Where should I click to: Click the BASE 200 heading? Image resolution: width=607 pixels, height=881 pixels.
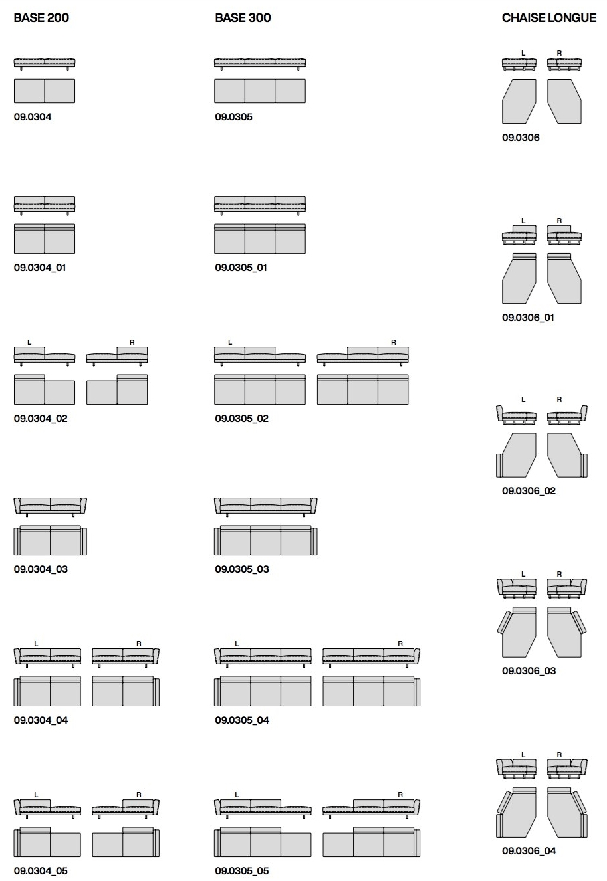click(x=41, y=18)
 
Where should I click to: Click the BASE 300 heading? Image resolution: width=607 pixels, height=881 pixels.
click(x=243, y=18)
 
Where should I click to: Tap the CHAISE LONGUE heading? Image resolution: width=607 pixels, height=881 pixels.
click(x=549, y=18)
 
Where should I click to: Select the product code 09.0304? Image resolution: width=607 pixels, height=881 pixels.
click(x=33, y=117)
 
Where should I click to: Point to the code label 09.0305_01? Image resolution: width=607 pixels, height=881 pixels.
click(x=241, y=268)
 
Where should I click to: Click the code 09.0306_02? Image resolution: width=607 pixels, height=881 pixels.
click(x=529, y=491)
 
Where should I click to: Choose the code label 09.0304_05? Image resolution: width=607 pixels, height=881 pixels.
click(x=41, y=871)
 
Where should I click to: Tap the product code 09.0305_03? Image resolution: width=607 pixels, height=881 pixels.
click(x=242, y=569)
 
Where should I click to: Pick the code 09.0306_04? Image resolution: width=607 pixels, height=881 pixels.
click(x=529, y=850)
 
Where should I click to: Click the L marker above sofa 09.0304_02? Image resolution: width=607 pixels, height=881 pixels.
click(x=29, y=343)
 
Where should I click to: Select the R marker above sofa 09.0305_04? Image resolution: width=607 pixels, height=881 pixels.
click(x=400, y=644)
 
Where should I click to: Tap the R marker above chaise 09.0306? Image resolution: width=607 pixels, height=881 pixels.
click(x=559, y=53)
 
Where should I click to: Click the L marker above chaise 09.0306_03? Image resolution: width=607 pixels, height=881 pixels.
click(x=523, y=574)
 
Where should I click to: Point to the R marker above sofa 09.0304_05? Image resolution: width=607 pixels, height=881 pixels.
click(x=139, y=795)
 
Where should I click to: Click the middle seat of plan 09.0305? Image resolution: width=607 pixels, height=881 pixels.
click(x=260, y=91)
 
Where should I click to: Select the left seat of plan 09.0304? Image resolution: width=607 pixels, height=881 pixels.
click(x=29, y=91)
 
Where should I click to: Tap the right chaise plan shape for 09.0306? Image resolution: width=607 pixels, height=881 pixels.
click(x=564, y=102)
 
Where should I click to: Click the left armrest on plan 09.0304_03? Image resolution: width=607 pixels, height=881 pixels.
click(x=17, y=541)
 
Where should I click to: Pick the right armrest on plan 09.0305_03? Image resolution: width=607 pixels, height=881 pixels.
click(x=314, y=541)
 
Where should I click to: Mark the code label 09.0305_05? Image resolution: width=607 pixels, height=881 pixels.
click(x=242, y=871)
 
